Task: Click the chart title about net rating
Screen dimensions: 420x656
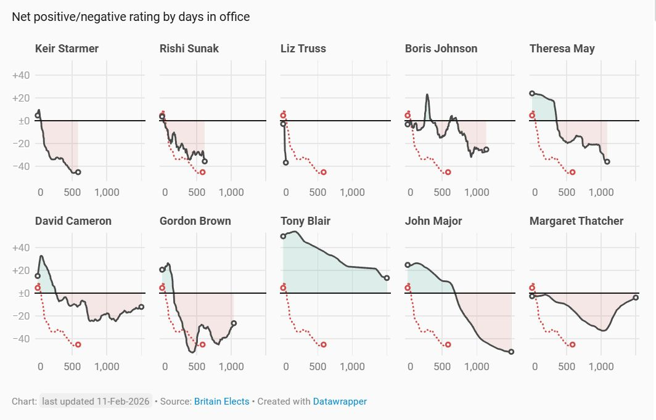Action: (x=131, y=17)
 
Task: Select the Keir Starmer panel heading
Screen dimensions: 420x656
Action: (x=67, y=49)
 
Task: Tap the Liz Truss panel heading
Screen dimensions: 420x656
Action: (x=303, y=49)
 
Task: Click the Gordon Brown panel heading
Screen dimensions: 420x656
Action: (x=195, y=221)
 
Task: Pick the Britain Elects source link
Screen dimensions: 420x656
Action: (x=222, y=402)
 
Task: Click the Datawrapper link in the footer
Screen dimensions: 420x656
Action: (x=340, y=402)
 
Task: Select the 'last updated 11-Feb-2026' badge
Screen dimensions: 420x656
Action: (x=96, y=402)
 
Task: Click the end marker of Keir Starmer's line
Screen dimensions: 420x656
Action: (x=78, y=172)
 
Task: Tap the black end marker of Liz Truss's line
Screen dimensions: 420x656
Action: (x=285, y=163)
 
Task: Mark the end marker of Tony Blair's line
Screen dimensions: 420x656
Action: (x=387, y=278)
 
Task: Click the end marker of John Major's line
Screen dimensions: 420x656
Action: (x=511, y=352)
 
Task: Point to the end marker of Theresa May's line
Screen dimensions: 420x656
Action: (x=607, y=162)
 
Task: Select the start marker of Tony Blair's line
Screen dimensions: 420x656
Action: (x=283, y=236)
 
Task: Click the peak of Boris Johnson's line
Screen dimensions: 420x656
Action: (x=427, y=95)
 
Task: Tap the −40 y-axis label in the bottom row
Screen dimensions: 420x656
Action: (x=22, y=339)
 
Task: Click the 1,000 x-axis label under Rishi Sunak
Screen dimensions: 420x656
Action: (x=231, y=192)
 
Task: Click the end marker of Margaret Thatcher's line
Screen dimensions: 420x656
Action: (x=636, y=297)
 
